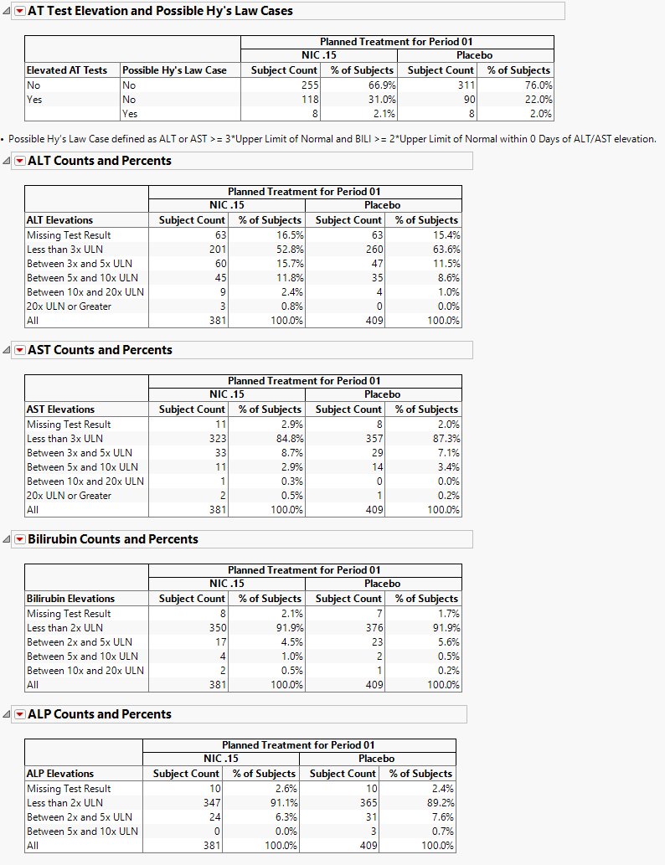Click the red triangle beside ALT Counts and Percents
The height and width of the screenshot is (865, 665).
coord(20,161)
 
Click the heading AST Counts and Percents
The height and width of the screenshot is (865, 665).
coord(100,350)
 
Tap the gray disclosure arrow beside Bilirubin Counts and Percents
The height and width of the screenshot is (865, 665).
coord(7,539)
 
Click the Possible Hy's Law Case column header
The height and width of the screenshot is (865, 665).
coord(174,70)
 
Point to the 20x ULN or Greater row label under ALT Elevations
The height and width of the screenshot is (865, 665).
coord(69,306)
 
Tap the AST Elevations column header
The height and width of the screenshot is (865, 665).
coord(60,409)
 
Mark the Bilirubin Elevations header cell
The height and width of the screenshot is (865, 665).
coord(70,599)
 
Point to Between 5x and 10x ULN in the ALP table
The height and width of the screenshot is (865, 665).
coord(82,832)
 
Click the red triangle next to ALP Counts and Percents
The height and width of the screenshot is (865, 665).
coord(20,714)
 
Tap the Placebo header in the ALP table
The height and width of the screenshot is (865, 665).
coord(377,759)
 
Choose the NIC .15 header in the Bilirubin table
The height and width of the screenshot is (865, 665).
coord(227,584)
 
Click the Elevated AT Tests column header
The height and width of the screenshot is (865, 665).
coord(67,70)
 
